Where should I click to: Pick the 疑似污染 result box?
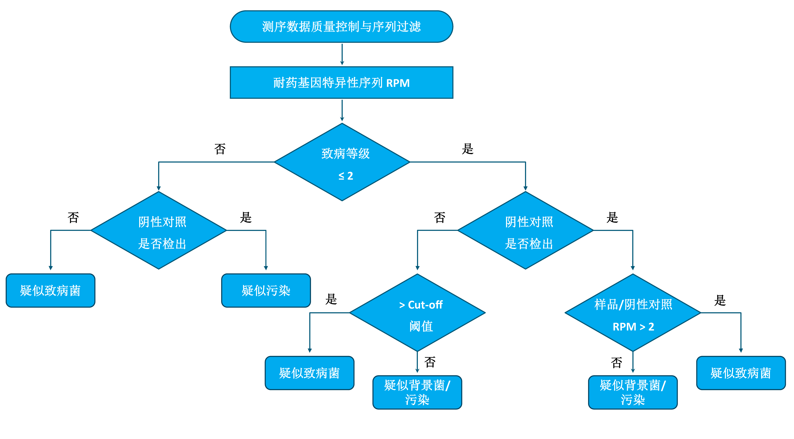click(x=266, y=291)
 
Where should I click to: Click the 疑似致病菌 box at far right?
click(x=741, y=373)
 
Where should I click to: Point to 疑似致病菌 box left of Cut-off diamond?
click(x=310, y=373)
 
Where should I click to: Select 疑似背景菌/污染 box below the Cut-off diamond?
click(x=417, y=392)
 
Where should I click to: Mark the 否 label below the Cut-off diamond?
click(x=430, y=362)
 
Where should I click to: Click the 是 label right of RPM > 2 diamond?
click(x=720, y=300)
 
